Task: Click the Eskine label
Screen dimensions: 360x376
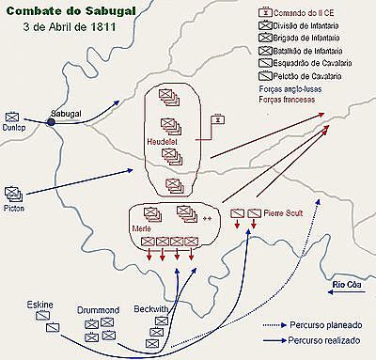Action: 41,305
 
